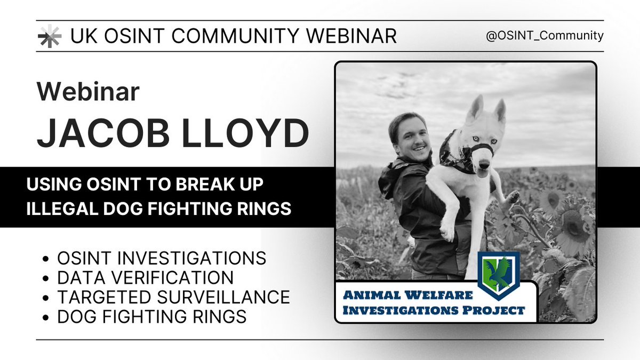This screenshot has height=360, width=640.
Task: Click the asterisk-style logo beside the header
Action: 49,36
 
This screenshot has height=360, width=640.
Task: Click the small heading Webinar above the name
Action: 88,92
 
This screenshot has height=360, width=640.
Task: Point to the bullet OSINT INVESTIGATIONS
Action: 161,258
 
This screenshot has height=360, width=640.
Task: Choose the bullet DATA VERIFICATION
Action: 145,277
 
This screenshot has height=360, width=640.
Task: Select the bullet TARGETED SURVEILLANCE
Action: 173,297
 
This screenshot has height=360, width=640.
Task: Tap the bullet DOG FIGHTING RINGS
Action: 151,316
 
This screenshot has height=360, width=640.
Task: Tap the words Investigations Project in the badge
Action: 434,310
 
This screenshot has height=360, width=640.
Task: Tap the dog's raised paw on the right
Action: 513,197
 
